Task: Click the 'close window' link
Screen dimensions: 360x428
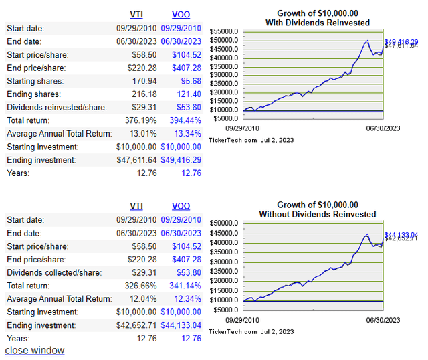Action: pyautogui.click(x=35, y=350)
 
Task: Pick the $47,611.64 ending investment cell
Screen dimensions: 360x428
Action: pyautogui.click(x=136, y=160)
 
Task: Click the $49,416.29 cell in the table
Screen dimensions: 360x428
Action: pyautogui.click(x=177, y=160)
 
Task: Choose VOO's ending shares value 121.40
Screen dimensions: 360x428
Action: pyautogui.click(x=187, y=94)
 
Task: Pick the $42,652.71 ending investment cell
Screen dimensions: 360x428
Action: pyautogui.click(x=136, y=325)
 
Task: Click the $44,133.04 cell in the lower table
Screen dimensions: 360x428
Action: pyautogui.click(x=177, y=325)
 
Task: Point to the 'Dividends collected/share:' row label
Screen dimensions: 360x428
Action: pyautogui.click(x=53, y=272)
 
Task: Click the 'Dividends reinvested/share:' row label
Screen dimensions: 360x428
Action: pyautogui.click(x=55, y=107)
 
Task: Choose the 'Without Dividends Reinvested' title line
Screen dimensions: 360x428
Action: pyautogui.click(x=318, y=215)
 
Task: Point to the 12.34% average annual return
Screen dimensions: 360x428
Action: pyautogui.click(x=187, y=299)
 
